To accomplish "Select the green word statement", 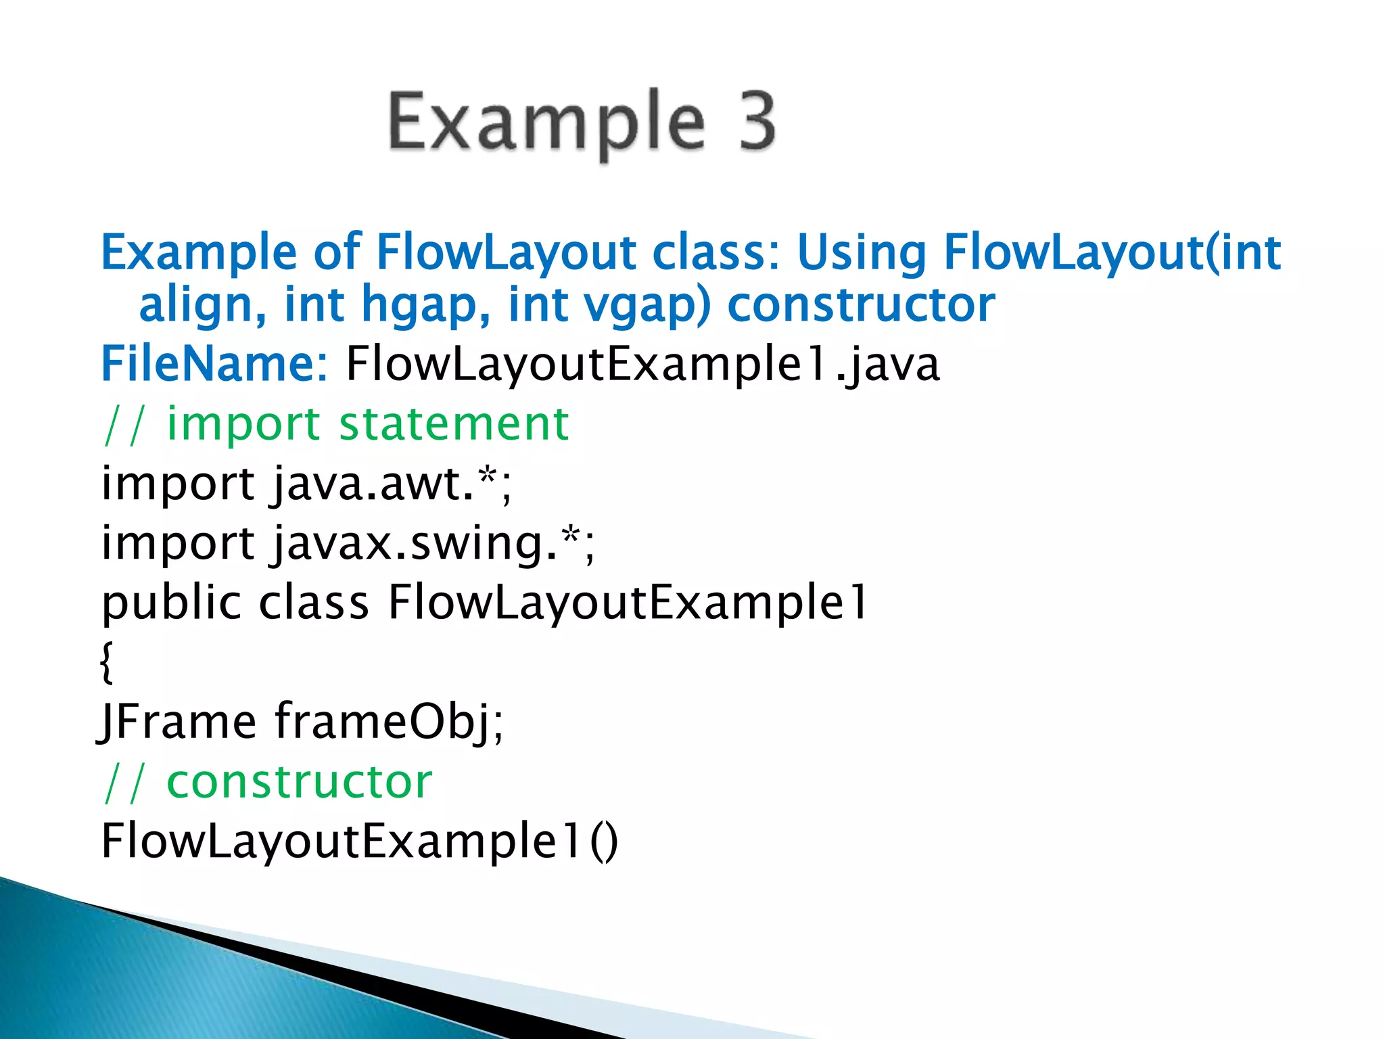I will (x=454, y=424).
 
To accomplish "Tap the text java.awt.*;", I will (x=392, y=484).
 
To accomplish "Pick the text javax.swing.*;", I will (x=433, y=544).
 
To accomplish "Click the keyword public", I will (x=171, y=603).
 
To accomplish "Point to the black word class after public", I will (x=314, y=602).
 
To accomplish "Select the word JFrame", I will (x=177, y=722).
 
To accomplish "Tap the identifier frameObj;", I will (x=390, y=723).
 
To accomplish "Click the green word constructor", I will (x=299, y=782).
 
